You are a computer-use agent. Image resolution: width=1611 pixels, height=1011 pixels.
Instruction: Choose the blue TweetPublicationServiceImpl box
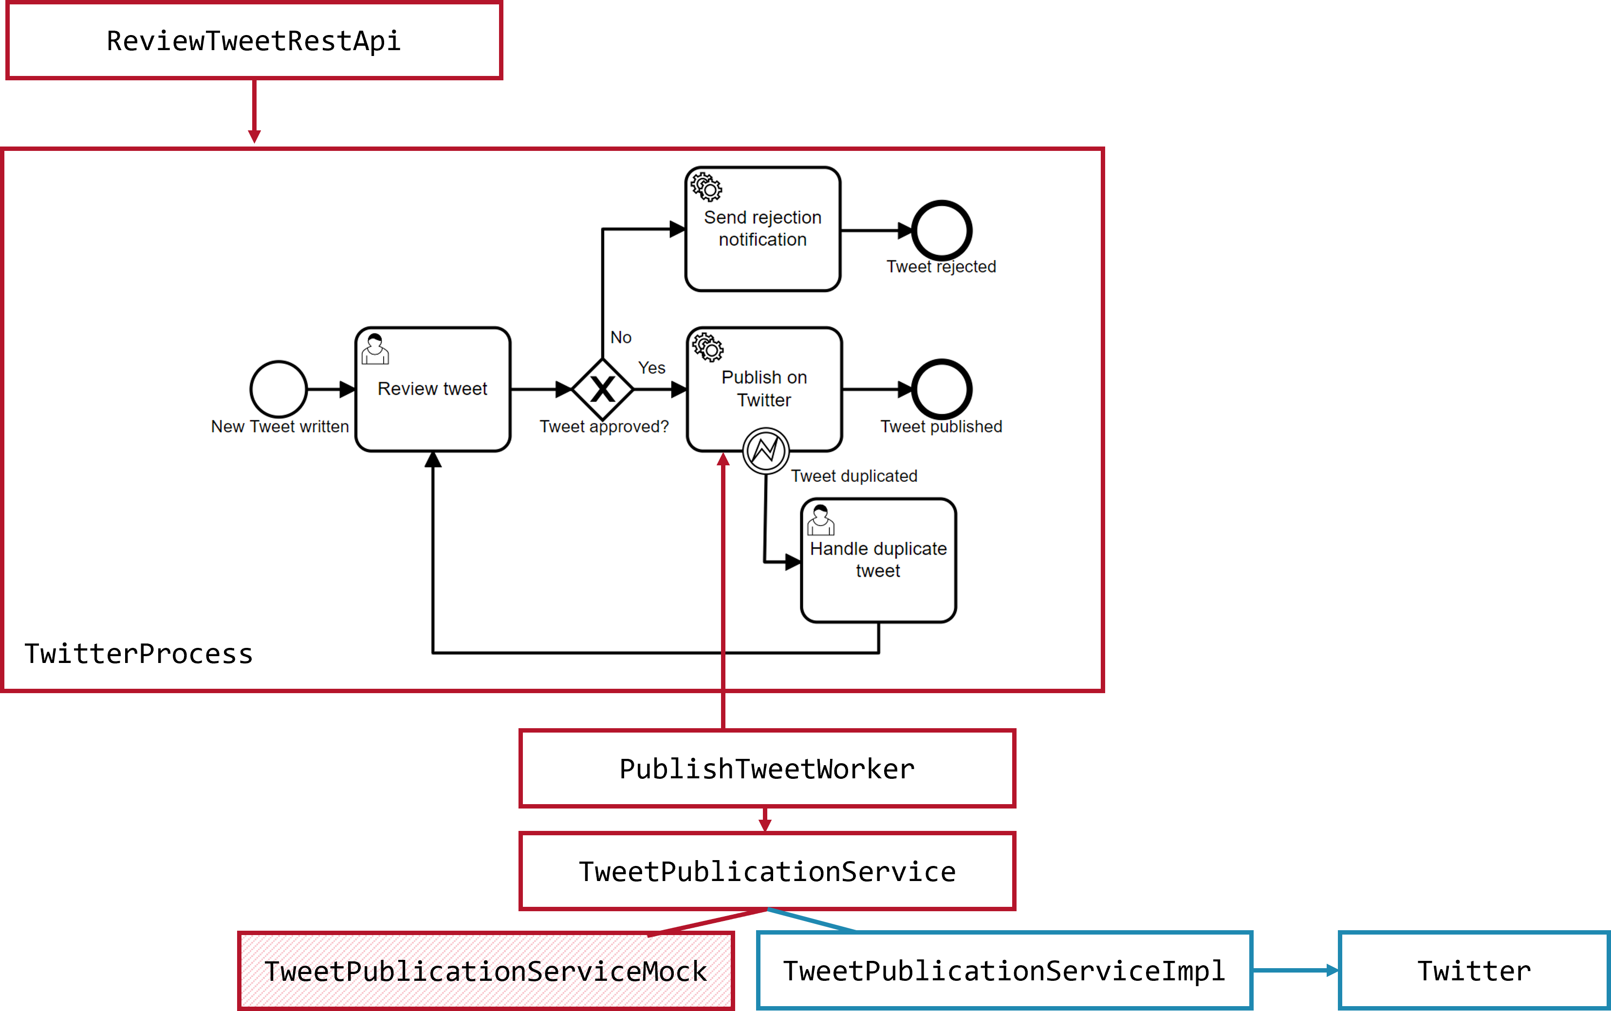[1004, 971]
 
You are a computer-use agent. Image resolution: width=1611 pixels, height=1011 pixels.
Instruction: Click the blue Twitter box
[1474, 971]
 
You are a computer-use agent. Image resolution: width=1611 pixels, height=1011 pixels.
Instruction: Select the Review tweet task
[433, 389]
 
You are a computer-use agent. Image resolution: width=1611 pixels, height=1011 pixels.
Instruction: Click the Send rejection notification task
[762, 229]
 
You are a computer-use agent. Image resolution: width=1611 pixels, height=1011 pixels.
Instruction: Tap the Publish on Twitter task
[764, 389]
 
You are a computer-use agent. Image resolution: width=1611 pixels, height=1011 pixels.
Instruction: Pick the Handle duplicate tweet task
[878, 560]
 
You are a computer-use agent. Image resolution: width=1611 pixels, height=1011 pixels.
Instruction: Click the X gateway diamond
[603, 389]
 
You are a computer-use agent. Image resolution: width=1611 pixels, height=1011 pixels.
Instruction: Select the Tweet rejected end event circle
[942, 230]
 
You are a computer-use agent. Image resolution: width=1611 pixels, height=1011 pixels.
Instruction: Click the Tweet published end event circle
[942, 389]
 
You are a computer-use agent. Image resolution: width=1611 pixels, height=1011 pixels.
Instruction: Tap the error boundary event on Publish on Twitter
[766, 451]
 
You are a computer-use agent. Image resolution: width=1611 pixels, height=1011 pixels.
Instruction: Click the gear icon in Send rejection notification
[707, 187]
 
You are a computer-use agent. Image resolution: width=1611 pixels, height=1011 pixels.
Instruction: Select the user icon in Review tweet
[375, 349]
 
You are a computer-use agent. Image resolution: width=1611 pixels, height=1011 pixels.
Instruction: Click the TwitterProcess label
[138, 654]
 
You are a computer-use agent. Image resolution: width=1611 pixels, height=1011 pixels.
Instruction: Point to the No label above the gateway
[621, 338]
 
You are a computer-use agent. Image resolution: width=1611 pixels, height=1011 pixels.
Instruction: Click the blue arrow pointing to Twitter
[1296, 970]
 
